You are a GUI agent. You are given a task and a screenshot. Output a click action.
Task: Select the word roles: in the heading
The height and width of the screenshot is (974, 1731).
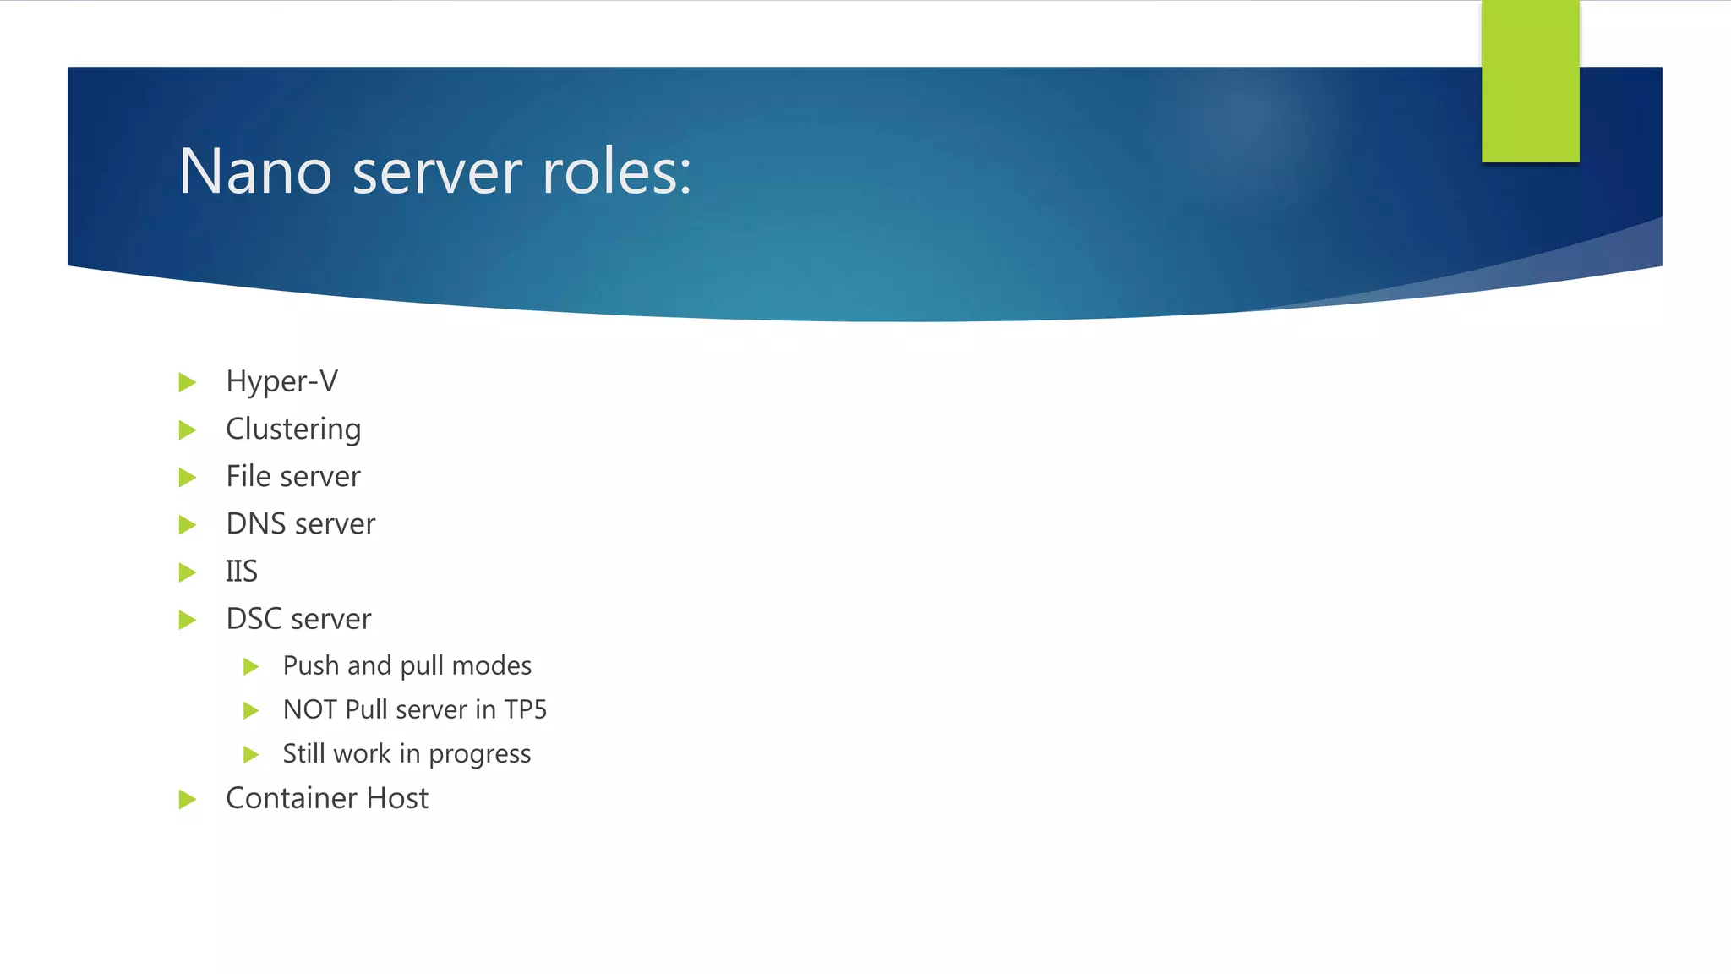tap(616, 172)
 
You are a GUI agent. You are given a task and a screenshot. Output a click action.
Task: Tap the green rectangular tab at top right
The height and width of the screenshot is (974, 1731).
tap(1530, 81)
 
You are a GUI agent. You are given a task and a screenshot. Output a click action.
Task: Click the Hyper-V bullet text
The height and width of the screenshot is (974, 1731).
tap(281, 381)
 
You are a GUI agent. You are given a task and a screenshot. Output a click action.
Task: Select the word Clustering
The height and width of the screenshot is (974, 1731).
tap(293, 430)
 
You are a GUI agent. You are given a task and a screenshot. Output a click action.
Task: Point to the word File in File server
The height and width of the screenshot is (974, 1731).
tap(248, 476)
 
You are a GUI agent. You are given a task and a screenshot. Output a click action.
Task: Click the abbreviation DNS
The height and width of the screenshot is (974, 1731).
tap(256, 523)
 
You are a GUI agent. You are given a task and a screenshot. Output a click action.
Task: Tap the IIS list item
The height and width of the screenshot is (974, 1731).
tap(241, 572)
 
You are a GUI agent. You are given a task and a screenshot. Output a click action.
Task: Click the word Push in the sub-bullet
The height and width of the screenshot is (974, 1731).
tap(310, 665)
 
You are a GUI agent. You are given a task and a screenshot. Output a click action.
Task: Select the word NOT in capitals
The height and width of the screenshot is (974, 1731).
tap(310, 709)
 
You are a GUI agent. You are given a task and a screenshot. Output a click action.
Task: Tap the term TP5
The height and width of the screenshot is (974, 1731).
tap(525, 709)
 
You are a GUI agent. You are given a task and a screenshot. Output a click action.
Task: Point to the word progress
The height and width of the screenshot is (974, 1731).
tap(479, 754)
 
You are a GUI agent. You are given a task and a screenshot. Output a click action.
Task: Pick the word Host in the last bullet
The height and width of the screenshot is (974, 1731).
tap(396, 798)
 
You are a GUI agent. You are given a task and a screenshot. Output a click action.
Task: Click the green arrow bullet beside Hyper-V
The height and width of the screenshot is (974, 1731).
tap(188, 382)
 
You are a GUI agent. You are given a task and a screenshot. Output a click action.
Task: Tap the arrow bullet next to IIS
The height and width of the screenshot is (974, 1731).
tap(188, 572)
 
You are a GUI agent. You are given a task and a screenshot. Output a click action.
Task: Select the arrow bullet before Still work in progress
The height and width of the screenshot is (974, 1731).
tap(250, 754)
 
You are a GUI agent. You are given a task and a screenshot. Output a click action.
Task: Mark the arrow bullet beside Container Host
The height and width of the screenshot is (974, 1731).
tap(188, 799)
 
